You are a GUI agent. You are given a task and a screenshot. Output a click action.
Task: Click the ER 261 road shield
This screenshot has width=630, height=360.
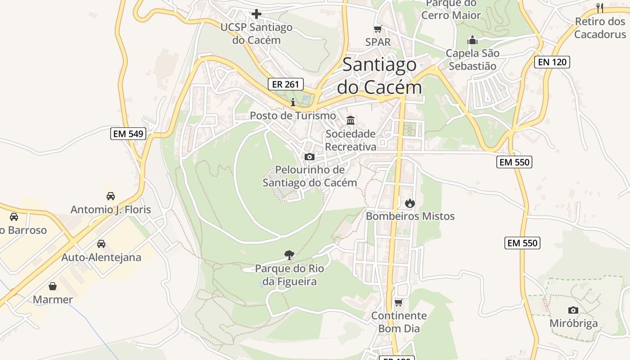click(286, 84)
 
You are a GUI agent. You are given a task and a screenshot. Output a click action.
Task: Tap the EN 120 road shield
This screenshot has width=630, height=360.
click(552, 62)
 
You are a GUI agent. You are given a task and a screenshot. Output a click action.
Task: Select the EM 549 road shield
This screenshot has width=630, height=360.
click(128, 134)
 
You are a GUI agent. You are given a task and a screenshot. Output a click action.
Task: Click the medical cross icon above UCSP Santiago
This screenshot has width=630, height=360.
click(256, 14)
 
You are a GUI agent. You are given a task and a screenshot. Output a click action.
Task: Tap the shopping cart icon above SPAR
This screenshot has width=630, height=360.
click(378, 29)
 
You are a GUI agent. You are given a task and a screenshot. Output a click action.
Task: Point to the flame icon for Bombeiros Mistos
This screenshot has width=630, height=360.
click(409, 203)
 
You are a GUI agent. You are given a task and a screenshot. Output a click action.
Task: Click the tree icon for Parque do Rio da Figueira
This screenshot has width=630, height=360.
click(289, 255)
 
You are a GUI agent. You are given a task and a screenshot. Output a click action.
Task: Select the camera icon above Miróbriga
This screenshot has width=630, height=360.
click(573, 310)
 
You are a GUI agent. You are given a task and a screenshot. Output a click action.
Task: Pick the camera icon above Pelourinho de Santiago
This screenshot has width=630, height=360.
click(310, 157)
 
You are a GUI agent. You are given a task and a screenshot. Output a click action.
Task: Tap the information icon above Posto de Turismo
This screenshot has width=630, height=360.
click(293, 102)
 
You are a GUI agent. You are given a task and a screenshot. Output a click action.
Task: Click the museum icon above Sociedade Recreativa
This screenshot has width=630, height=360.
click(351, 120)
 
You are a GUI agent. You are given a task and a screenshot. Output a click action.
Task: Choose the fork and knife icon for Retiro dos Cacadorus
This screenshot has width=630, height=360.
click(600, 8)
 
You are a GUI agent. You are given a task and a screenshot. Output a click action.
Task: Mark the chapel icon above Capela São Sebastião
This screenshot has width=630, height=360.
click(472, 40)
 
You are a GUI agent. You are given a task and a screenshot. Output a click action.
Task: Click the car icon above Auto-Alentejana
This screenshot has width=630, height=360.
click(101, 244)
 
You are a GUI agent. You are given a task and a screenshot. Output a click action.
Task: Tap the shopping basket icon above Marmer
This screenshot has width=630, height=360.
click(53, 286)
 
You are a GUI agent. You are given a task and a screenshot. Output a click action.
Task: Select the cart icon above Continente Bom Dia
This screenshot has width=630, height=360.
click(398, 302)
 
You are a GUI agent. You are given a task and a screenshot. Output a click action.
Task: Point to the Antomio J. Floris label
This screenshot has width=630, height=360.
click(111, 210)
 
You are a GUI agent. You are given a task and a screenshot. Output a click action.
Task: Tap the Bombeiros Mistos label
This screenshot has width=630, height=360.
click(410, 216)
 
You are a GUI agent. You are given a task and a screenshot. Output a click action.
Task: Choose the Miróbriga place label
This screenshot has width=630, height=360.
click(573, 324)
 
